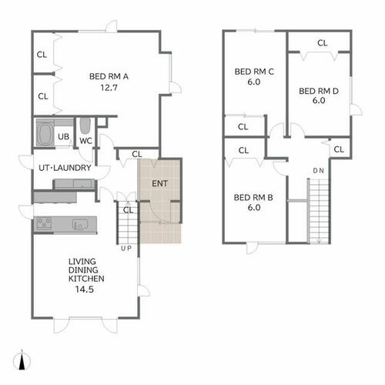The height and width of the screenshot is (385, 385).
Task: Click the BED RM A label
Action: (x=109, y=76)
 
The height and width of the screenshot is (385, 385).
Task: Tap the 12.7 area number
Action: (x=109, y=88)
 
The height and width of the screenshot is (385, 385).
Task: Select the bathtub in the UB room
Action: (x=45, y=133)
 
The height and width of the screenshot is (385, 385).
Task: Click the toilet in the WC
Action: (x=85, y=126)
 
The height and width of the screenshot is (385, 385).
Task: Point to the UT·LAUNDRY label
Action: (x=65, y=168)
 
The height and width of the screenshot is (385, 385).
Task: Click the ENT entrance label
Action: (x=159, y=183)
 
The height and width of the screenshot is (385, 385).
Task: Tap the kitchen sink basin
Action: (x=80, y=224)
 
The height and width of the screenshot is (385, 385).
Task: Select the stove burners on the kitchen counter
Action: (x=44, y=223)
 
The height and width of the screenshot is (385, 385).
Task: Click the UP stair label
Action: (x=126, y=248)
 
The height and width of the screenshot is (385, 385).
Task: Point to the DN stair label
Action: (x=318, y=171)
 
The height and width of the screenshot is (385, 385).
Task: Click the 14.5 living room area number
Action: (x=85, y=290)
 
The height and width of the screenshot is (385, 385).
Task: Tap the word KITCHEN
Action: (x=86, y=279)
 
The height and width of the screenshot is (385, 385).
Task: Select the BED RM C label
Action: (x=254, y=72)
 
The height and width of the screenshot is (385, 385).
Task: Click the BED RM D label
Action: (x=319, y=91)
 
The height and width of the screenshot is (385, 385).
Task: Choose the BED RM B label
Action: (x=253, y=198)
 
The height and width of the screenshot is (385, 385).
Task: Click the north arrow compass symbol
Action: (x=22, y=360)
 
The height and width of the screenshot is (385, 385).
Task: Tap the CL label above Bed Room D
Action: (x=323, y=43)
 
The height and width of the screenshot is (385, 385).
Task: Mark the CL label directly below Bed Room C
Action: (x=243, y=127)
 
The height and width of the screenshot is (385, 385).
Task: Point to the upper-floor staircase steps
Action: (x=319, y=211)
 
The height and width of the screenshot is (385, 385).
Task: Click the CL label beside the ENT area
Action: (x=137, y=154)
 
